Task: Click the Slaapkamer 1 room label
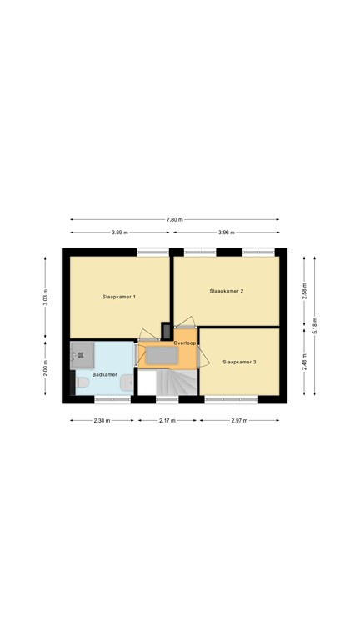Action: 119,297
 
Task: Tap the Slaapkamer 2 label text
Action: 227,291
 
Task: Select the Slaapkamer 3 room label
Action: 240,362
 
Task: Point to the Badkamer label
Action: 105,374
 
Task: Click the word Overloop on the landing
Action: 184,342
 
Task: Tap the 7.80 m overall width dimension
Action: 175,220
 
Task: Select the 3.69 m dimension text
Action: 120,232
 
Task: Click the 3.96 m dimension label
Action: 227,232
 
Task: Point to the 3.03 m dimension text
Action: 46,297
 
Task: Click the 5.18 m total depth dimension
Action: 315,325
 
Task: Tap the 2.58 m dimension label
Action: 304,291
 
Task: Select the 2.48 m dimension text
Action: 304,362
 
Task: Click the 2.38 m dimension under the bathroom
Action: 102,420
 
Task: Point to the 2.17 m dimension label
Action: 167,420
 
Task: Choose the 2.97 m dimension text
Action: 240,420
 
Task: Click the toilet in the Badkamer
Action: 82,382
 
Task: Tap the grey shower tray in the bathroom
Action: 82,355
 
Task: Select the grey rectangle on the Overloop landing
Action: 162,355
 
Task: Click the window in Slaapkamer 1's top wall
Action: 152,252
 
